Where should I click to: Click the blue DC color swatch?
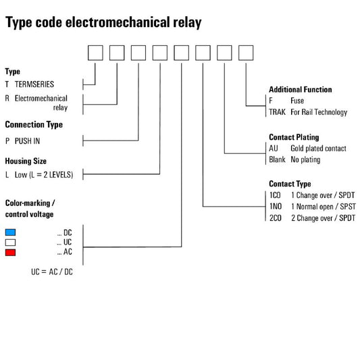10,232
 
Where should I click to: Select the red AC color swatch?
10,253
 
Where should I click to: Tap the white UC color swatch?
10,242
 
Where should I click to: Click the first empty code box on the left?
95,53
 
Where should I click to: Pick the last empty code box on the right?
246,53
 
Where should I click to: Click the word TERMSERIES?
34,84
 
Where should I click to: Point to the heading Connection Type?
34,125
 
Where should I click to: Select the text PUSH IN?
27,141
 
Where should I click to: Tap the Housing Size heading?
26,161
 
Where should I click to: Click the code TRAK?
277,112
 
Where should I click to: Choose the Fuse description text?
297,101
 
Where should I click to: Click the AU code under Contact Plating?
274,149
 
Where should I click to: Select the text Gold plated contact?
318,149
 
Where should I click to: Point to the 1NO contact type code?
276,207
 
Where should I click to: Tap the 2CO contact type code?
276,218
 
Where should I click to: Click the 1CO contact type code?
275,195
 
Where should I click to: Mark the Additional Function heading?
301,90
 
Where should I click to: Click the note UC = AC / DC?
52,272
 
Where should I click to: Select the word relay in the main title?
187,23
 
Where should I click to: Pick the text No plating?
305,159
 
